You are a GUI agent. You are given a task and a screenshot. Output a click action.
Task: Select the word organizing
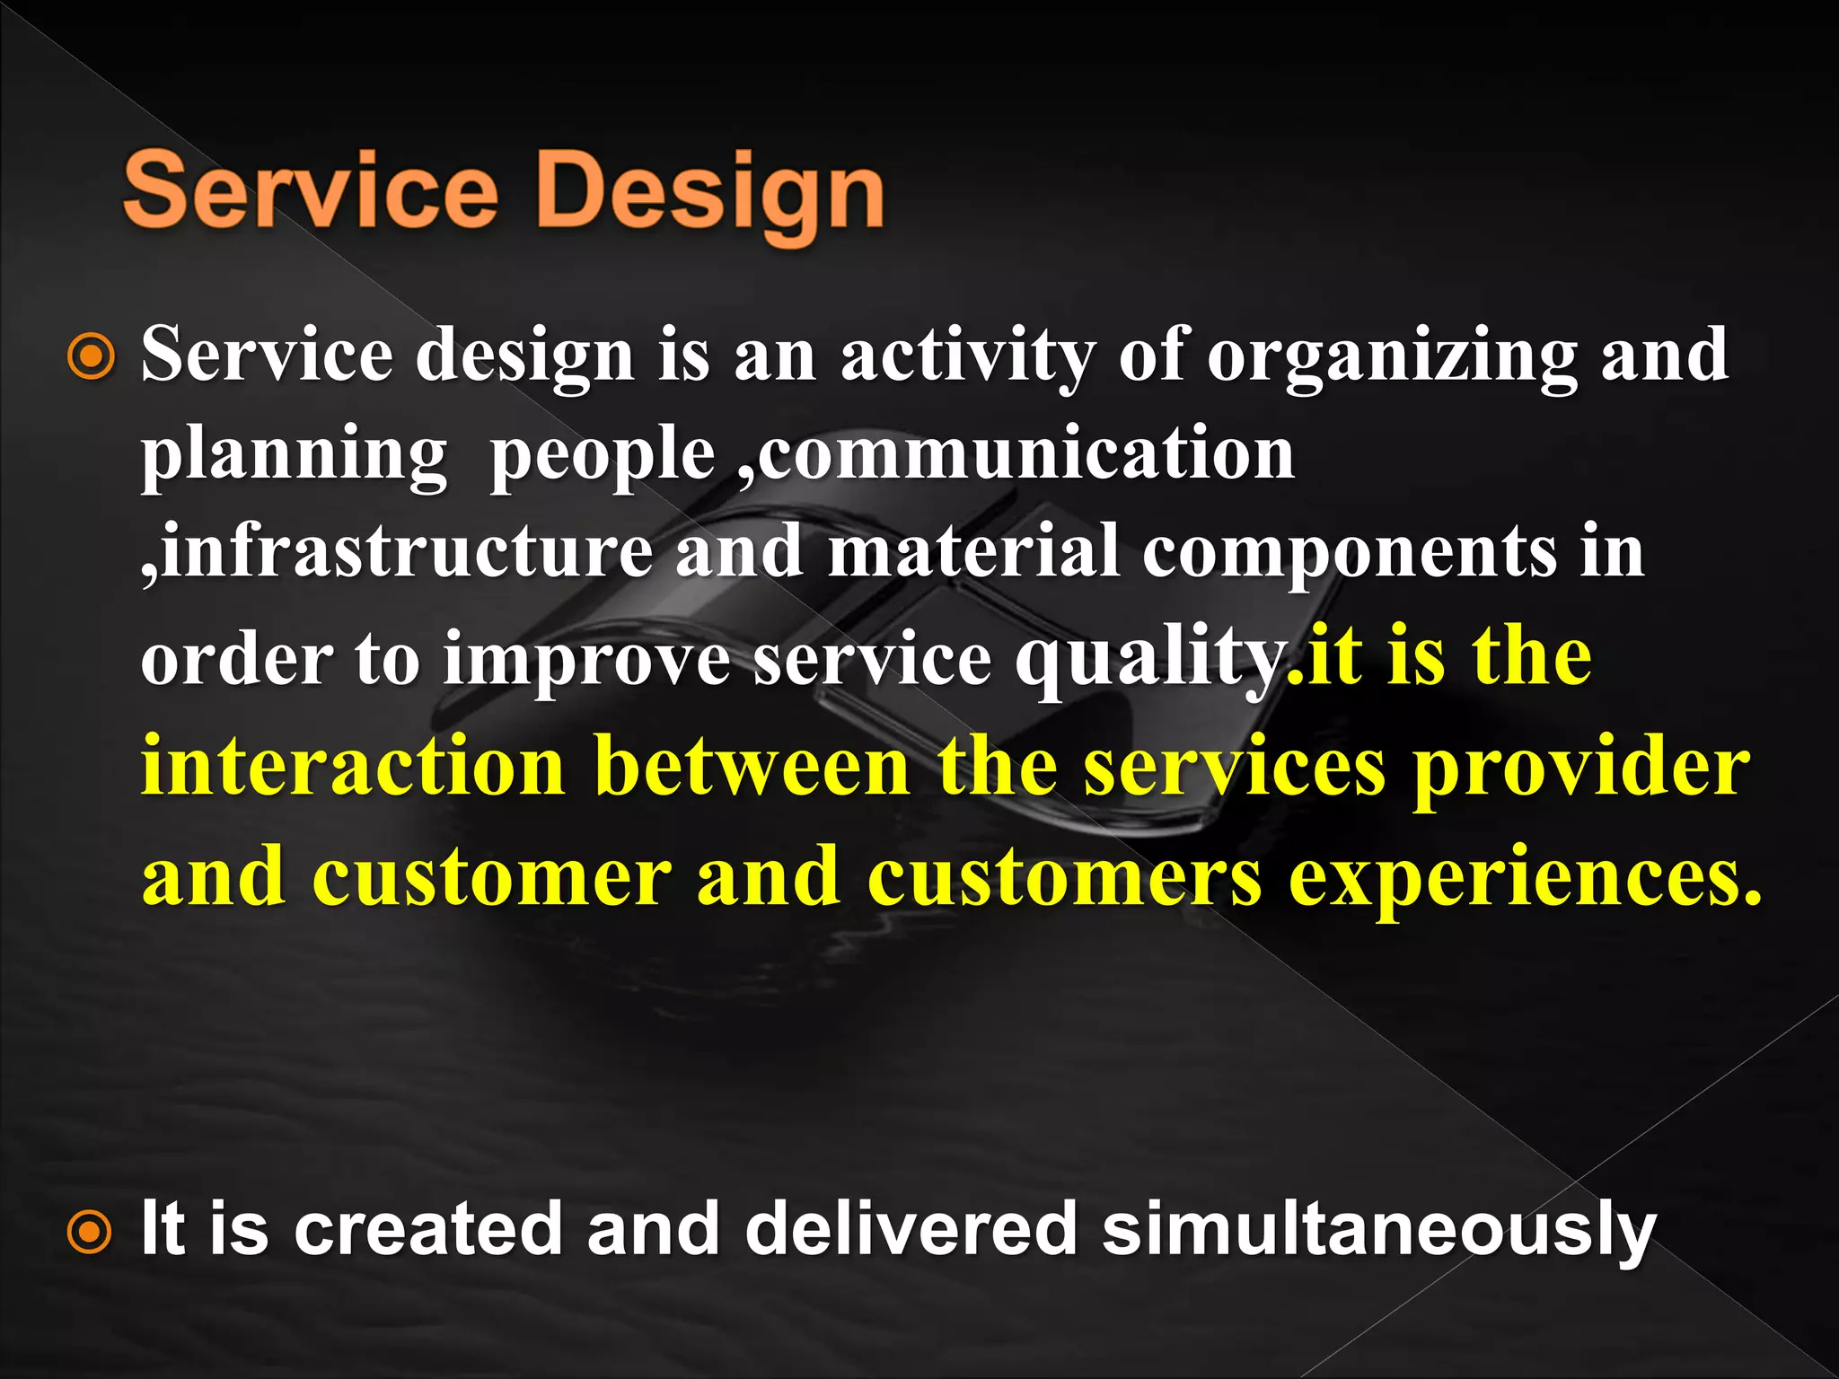(1391, 357)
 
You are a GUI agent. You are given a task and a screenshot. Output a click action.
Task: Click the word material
(973, 552)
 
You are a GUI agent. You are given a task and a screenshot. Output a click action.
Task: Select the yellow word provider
(1581, 770)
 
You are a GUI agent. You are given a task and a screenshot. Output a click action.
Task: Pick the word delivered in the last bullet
(911, 1228)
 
